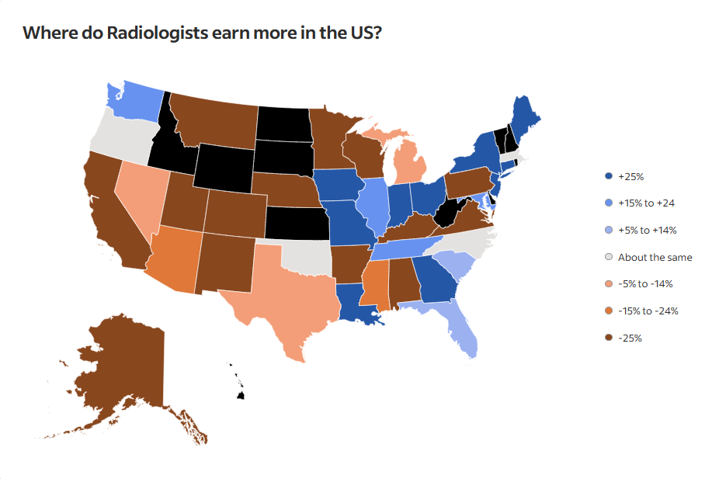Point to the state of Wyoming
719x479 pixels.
223,165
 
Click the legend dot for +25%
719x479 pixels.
609,176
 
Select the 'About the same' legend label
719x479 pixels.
655,258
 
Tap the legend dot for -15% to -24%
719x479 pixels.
609,311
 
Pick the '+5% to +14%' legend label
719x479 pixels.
647,231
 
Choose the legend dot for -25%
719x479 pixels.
609,338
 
